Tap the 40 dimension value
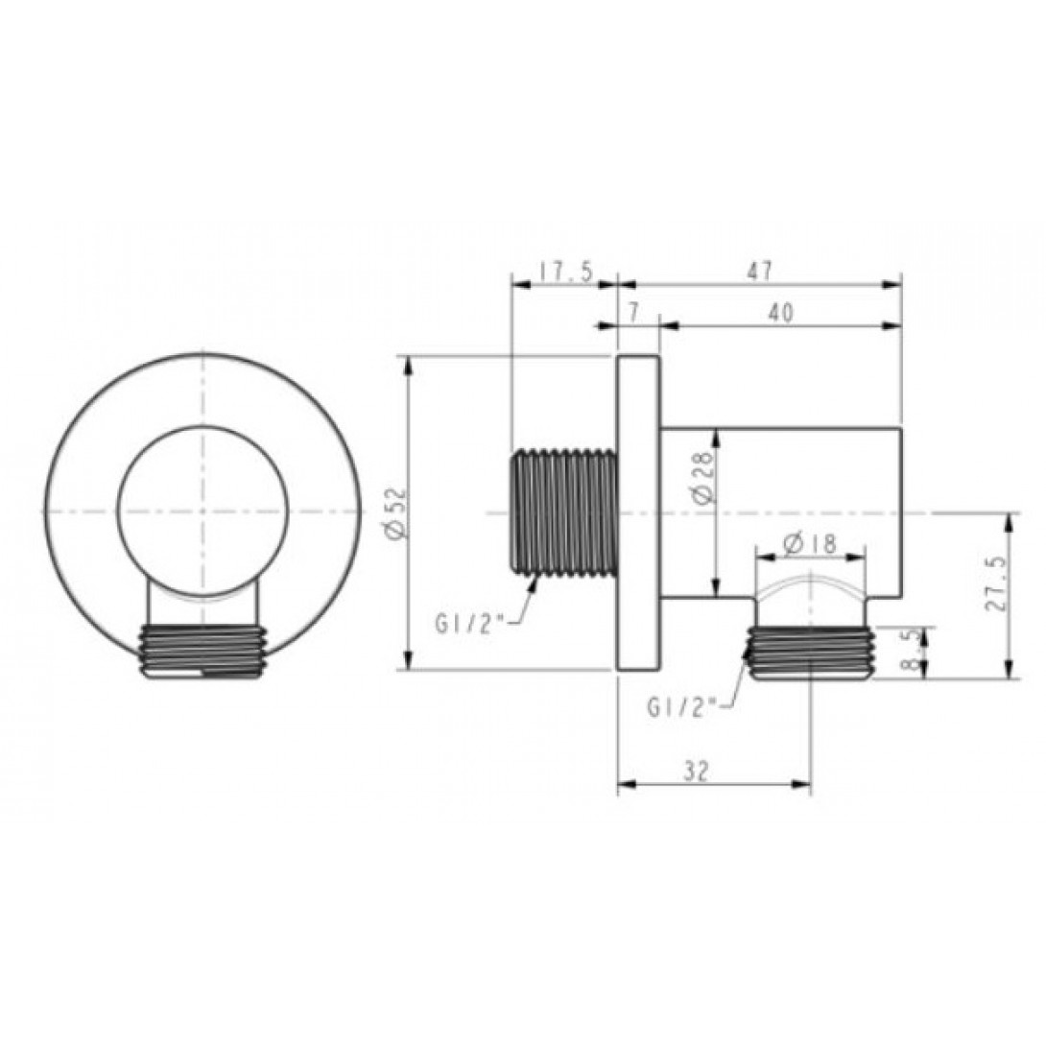[781, 314]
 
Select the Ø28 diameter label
[703, 479]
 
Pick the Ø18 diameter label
[810, 544]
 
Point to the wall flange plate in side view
[637, 512]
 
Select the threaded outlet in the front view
[202, 652]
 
